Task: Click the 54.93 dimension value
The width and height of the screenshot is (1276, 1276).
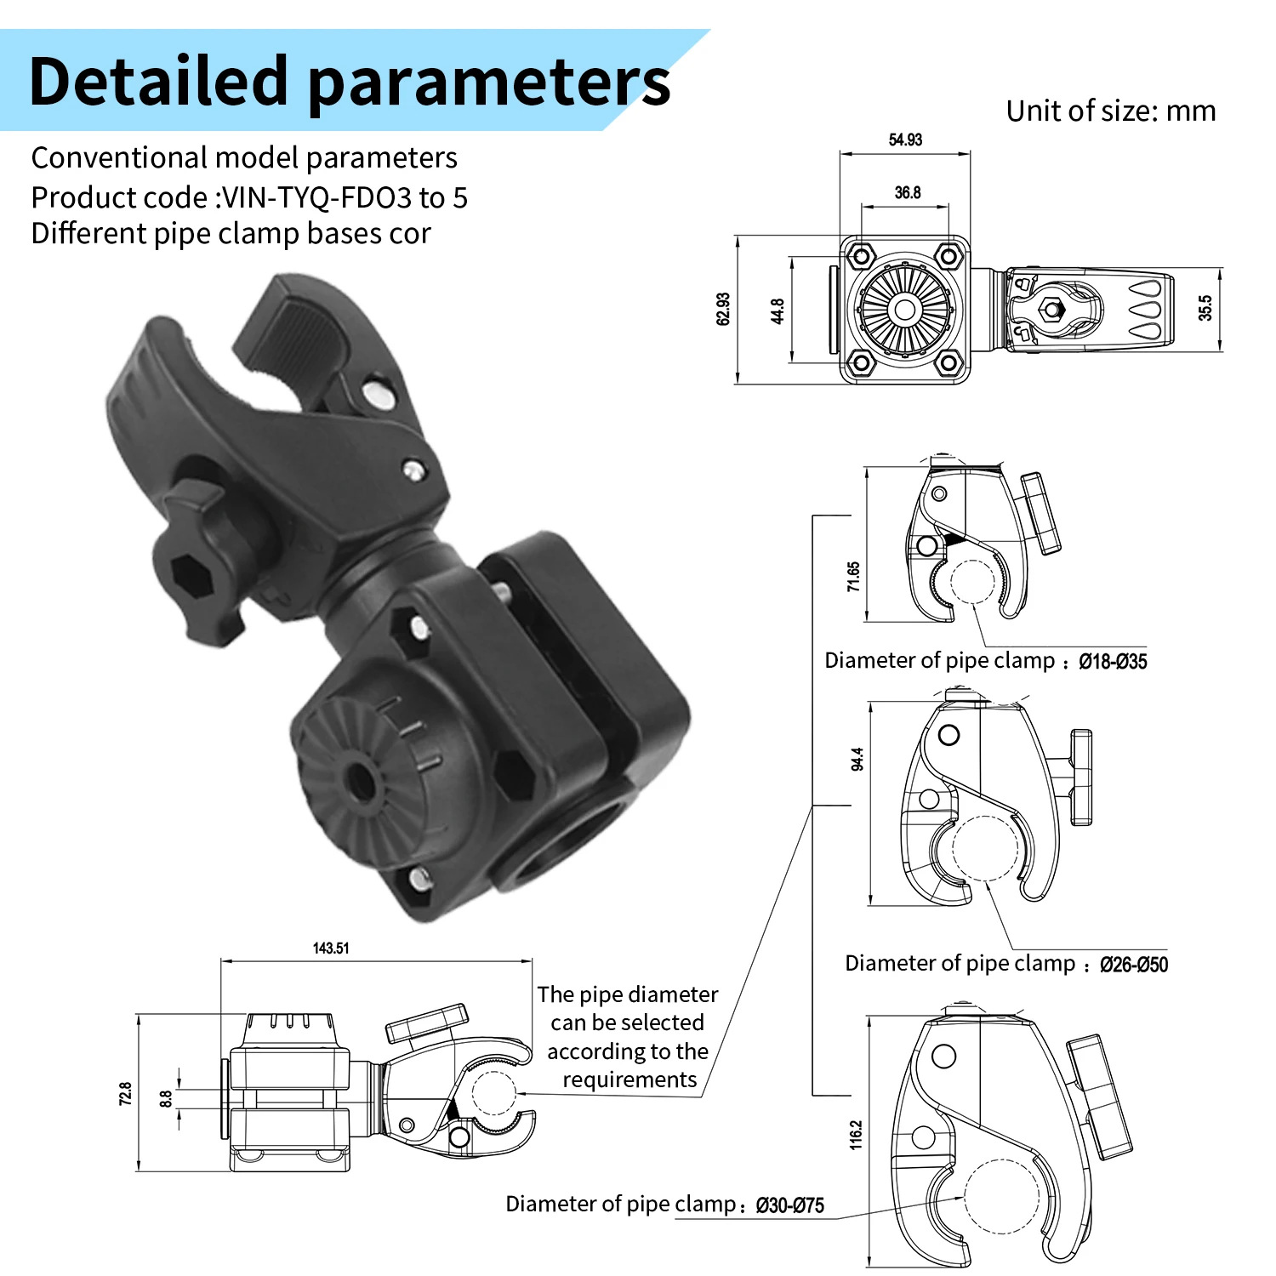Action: point(905,140)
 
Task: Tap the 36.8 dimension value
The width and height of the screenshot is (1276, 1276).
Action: point(908,192)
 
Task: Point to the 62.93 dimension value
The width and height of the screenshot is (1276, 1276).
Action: point(723,309)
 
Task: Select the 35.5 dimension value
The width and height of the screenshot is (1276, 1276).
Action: point(1205,307)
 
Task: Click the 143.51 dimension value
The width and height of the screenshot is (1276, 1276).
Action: point(331,948)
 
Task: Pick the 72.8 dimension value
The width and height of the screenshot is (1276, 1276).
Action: point(125,1093)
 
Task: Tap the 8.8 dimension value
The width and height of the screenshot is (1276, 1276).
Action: point(166,1099)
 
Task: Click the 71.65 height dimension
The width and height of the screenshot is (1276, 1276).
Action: point(853,576)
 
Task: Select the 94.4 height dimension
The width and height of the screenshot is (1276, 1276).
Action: point(857,759)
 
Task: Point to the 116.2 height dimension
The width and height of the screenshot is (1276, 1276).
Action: point(856,1135)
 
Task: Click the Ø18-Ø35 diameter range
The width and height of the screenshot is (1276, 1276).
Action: point(1113,661)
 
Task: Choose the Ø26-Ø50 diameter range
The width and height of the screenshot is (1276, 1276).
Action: point(1133,964)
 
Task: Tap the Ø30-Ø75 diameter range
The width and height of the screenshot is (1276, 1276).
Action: point(789,1205)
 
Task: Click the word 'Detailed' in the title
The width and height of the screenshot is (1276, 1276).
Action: point(159,81)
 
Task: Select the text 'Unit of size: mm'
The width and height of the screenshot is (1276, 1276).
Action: point(1111,111)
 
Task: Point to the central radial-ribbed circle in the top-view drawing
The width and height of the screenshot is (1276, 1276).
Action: point(904,309)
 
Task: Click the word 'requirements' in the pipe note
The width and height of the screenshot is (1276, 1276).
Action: point(629,1079)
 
